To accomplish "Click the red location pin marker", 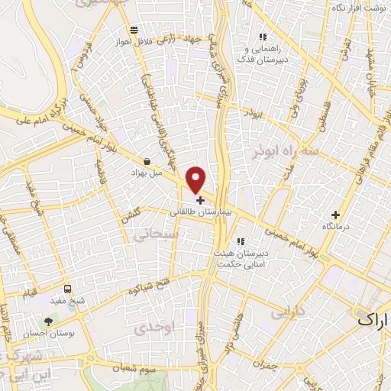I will (196, 179).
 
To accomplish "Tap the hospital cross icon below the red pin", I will (200, 200).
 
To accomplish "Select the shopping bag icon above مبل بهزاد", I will (146, 161).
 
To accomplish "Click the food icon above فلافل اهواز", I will (134, 29).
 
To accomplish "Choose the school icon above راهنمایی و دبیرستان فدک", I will (263, 37).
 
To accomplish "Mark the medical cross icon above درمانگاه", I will (336, 215).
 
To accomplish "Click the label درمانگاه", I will (336, 227).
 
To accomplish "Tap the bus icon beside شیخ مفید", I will (68, 289).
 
